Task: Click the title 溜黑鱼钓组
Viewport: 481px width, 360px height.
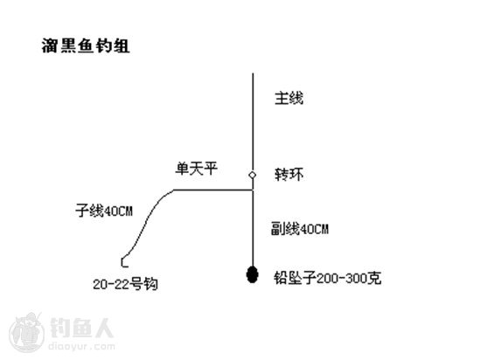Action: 86,46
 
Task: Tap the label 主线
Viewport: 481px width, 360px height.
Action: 289,99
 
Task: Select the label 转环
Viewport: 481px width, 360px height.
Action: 289,175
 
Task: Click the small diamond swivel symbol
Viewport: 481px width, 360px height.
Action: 253,175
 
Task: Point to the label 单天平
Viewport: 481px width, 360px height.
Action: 196,169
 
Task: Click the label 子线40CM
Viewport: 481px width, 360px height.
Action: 104,211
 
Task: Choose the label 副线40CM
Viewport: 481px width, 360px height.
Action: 300,229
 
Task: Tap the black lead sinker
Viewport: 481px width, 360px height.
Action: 253,274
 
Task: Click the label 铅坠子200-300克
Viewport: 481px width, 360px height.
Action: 328,278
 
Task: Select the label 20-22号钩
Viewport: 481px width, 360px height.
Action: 125,284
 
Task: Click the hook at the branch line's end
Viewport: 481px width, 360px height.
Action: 124,262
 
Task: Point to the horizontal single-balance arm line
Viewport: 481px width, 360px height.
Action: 213,190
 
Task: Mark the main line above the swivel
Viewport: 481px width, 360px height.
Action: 253,122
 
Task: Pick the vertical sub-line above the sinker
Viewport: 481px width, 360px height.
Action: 253,228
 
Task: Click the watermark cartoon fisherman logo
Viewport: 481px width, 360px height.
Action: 27,332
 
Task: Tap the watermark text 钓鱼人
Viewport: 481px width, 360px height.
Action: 82,328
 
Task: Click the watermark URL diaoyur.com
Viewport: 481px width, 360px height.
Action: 81,347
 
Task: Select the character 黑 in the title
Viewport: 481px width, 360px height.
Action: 68,46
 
